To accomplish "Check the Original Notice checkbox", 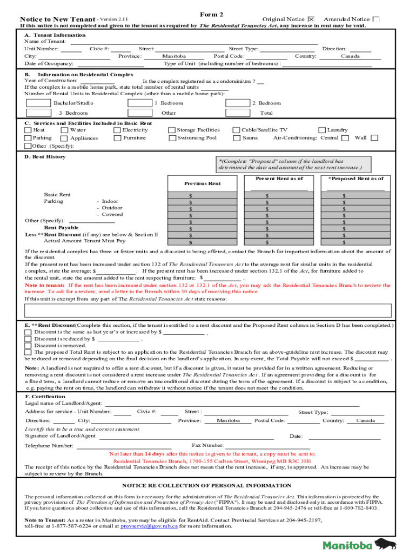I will [310, 19].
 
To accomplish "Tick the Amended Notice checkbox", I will [376, 19].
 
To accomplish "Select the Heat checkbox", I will [28, 130].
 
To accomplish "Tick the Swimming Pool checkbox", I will [172, 138].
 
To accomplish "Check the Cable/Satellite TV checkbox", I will [236, 130].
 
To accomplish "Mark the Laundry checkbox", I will [323, 130].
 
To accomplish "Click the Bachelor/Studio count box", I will [38, 103].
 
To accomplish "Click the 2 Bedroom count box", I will [237, 103].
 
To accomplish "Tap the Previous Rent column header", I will [203, 183].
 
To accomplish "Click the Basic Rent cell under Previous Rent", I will [203, 195].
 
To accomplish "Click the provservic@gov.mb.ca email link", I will [149, 526].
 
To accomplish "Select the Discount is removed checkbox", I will [28, 345].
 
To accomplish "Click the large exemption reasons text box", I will [208, 311].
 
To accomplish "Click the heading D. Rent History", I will [45, 157].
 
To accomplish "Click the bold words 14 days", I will [155, 454].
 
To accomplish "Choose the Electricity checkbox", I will [117, 130].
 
